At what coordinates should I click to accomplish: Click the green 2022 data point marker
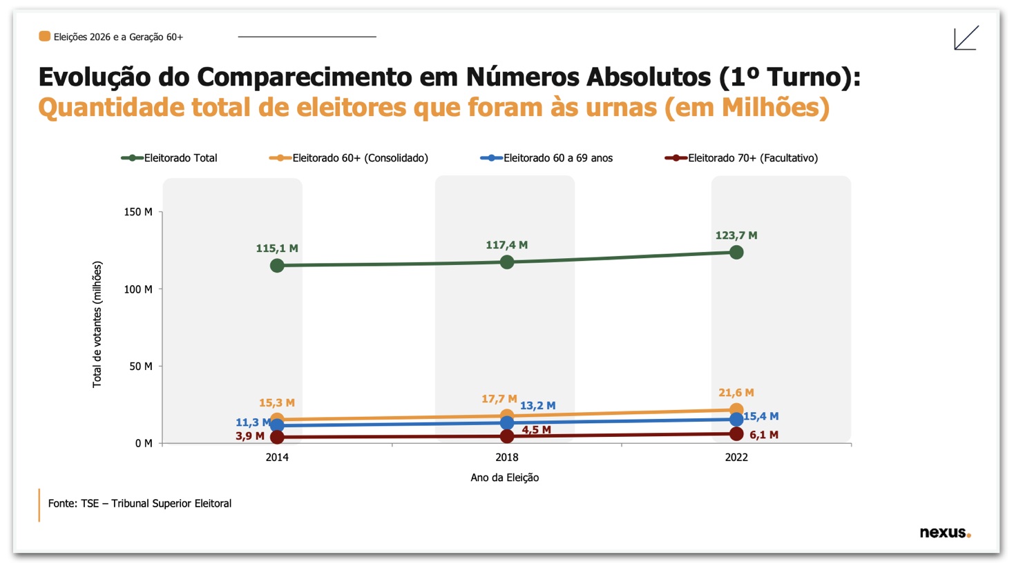pos(736,253)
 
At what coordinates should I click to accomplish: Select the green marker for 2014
pos(277,266)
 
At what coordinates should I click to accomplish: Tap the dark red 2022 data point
pos(736,434)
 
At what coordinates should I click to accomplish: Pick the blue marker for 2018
pos(507,423)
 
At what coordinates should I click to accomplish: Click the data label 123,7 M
pos(736,235)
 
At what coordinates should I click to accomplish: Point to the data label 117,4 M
pos(506,245)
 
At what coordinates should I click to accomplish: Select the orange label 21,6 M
pos(736,393)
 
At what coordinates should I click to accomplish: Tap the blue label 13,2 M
pos(537,406)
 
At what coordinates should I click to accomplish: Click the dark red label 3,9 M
pos(249,436)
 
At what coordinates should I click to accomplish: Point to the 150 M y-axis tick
pos(138,212)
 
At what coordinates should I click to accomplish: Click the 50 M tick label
pos(141,367)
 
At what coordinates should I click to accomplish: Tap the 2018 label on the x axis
pos(507,457)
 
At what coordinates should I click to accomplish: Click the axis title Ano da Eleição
pos(504,478)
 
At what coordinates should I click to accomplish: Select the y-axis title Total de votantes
pos(97,324)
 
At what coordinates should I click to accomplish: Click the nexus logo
pos(944,532)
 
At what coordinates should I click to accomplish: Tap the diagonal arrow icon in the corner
pos(966,38)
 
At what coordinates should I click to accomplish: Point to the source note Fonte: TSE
pos(140,504)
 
